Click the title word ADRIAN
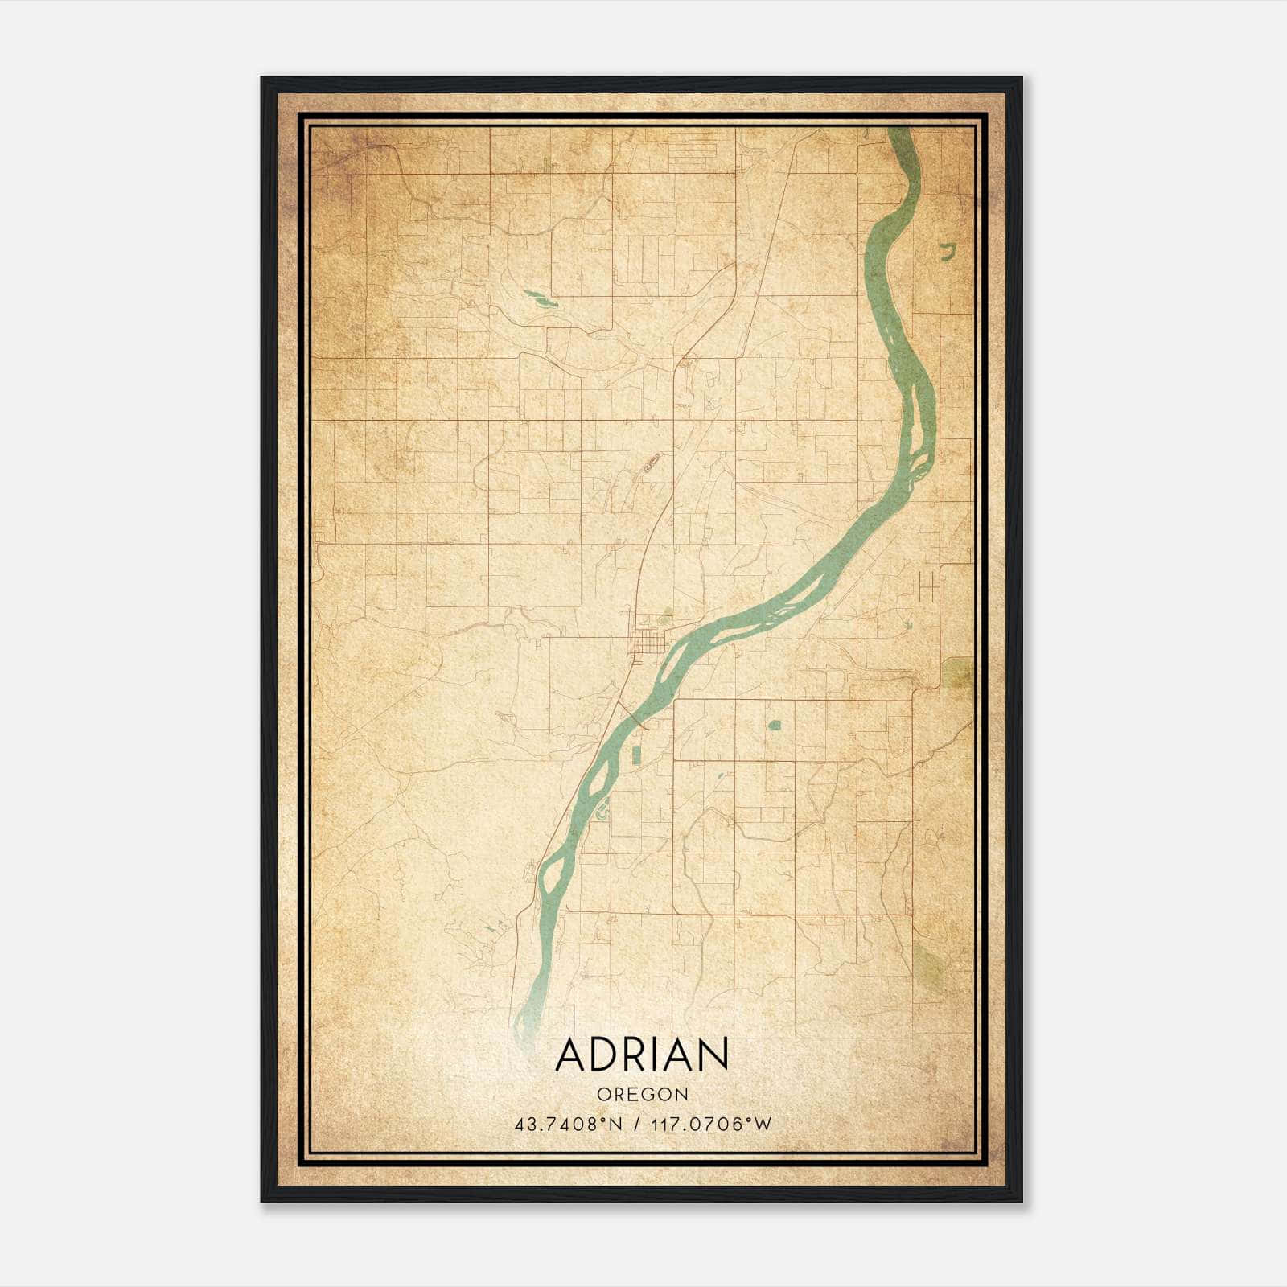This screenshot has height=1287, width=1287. click(x=642, y=1054)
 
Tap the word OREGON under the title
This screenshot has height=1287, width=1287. click(x=642, y=1095)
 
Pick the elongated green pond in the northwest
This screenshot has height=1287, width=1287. click(x=540, y=300)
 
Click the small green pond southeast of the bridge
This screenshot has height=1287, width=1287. click(x=774, y=726)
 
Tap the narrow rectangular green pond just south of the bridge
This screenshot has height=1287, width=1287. click(x=635, y=755)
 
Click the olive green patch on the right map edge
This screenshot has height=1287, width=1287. click(x=957, y=672)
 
